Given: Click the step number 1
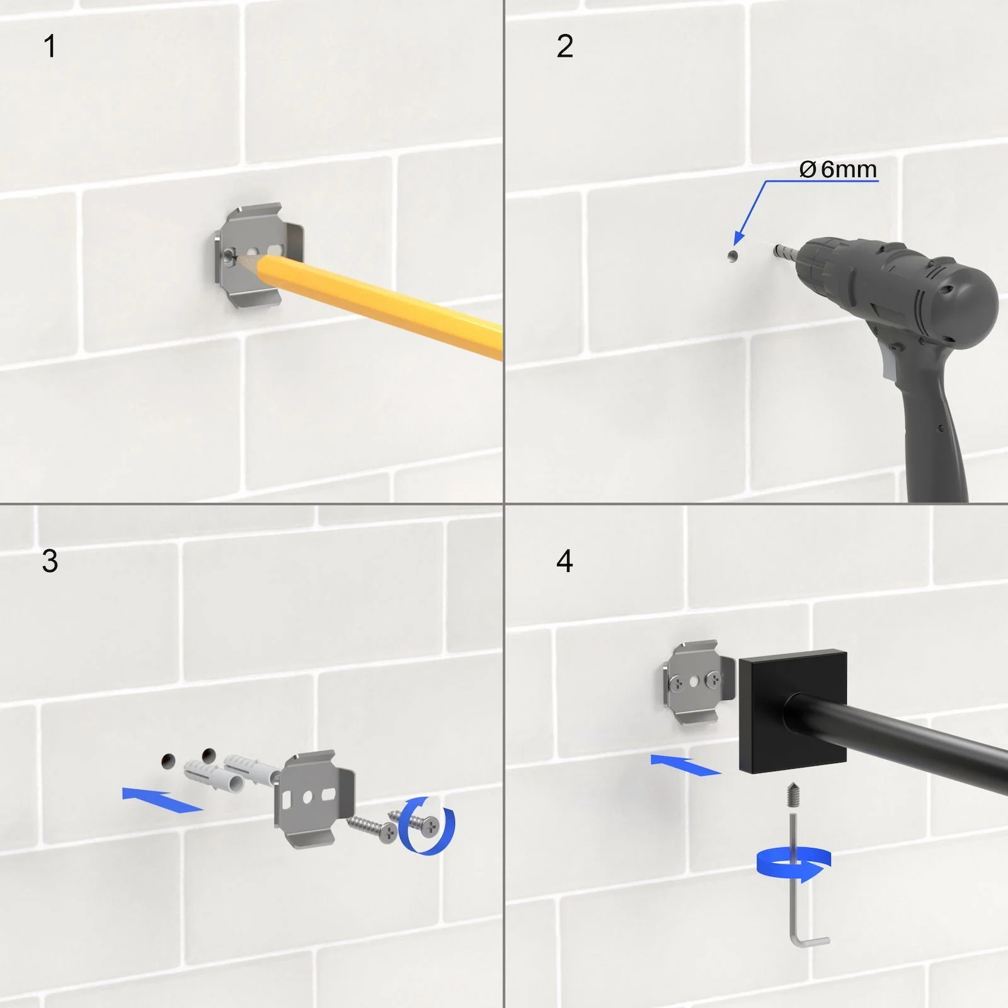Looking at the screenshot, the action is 50,47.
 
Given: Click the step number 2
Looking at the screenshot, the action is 564,47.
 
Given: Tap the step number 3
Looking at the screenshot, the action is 50,561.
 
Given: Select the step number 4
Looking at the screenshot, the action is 564,561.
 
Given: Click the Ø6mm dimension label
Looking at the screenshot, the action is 838,169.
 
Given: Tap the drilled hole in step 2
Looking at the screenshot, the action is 732,256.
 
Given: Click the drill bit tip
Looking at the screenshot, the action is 776,250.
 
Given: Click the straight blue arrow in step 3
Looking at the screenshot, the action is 163,799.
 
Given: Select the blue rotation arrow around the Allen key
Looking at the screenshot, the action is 794,864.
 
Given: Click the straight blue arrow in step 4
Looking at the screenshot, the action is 686,765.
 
